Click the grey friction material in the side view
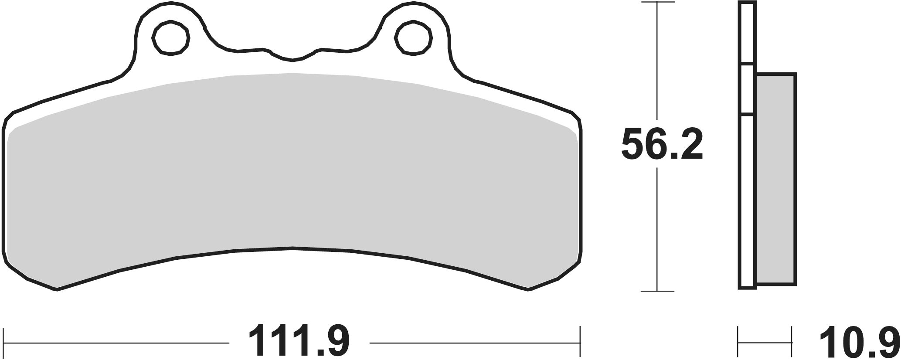click(x=776, y=180)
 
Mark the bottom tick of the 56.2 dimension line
click(x=657, y=291)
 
